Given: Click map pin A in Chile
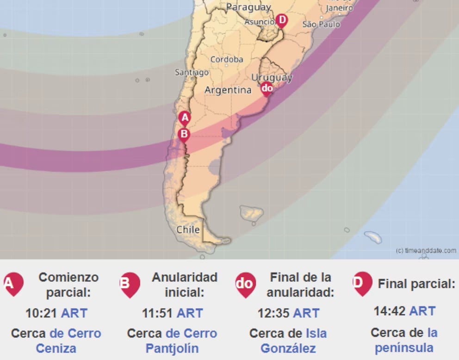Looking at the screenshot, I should point(185,118).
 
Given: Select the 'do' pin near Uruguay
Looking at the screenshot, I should point(267,88).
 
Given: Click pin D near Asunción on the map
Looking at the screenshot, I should point(281,20).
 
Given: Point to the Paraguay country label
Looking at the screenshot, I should point(248,7).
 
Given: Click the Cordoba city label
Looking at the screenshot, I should point(227,59).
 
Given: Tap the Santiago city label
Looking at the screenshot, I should point(192,73).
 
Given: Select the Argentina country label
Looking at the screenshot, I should point(228,90).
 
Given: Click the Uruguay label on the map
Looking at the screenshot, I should point(272,77).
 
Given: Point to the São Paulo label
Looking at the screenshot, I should point(321,24).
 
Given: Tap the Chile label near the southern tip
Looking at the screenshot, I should point(188,230).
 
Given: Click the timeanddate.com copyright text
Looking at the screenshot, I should point(426,250).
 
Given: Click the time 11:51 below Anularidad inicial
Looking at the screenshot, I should point(158,313).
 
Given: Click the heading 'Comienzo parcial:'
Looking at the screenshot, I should point(68,285).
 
